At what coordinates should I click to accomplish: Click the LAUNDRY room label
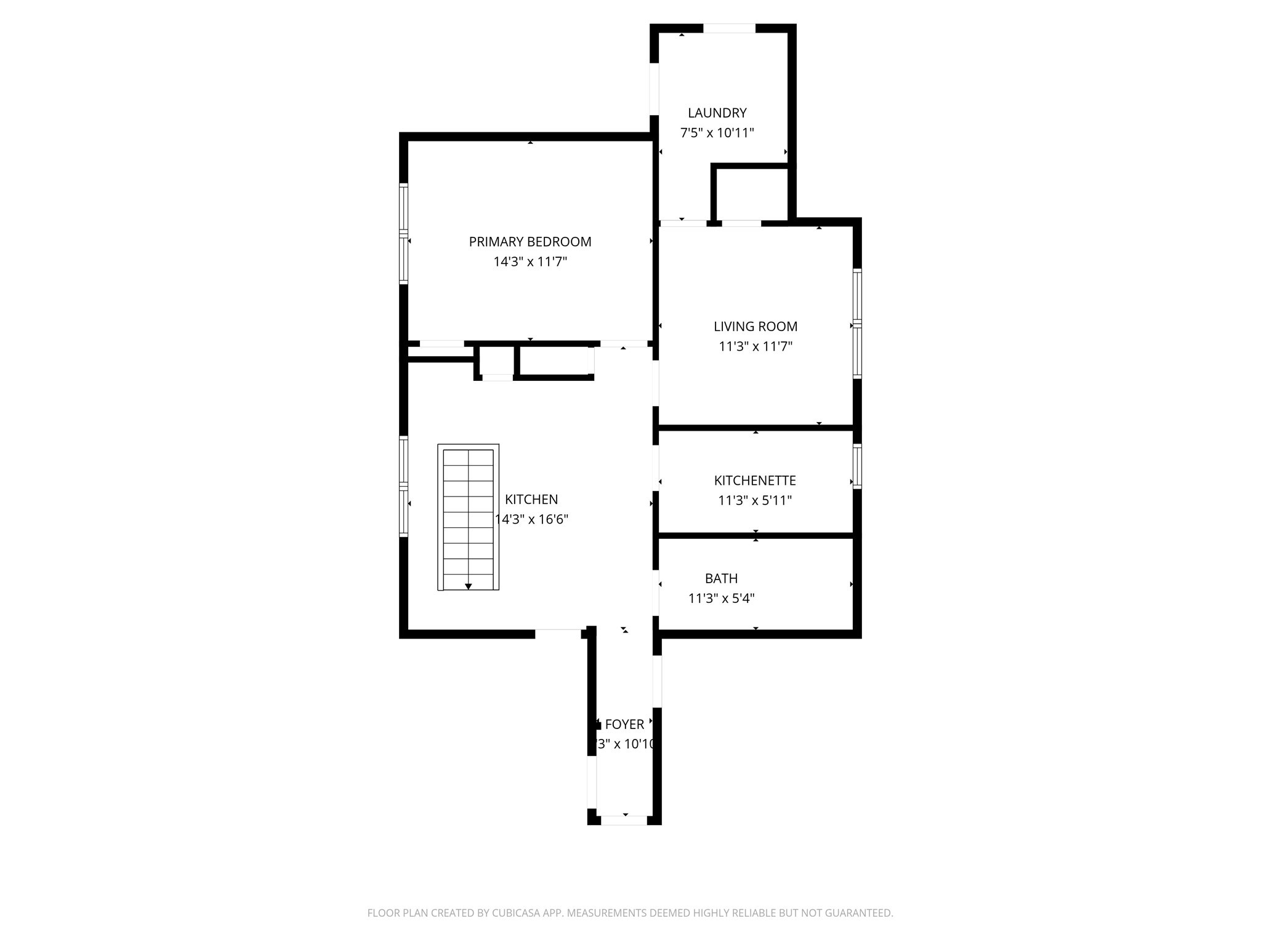tap(717, 113)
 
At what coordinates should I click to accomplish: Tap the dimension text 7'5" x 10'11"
tap(717, 133)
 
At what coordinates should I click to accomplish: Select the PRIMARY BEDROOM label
tap(530, 242)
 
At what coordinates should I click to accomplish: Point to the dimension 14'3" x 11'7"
tap(530, 262)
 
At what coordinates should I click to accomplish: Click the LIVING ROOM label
tap(755, 327)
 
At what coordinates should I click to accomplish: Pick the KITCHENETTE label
tap(755, 480)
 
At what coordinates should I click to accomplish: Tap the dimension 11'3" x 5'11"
tap(755, 501)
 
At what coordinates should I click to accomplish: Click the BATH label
tap(721, 578)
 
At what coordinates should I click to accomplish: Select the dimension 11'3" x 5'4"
tap(721, 598)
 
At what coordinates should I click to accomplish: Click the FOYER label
tap(624, 725)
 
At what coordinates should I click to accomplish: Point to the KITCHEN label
tap(531, 500)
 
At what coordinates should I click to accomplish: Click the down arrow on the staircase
tap(469, 586)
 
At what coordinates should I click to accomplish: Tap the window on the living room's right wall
tap(856, 323)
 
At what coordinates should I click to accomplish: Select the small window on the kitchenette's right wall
tap(856, 466)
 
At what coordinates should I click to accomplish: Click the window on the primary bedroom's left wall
tap(404, 234)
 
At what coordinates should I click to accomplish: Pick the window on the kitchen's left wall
tap(404, 486)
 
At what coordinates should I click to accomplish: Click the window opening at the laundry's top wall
tap(729, 28)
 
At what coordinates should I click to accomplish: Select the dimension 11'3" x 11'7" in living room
tap(755, 346)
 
